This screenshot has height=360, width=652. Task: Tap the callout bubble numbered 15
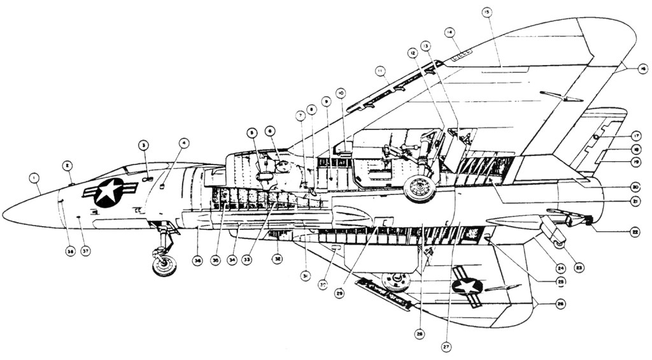coord(487,12)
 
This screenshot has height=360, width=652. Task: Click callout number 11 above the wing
coord(381,69)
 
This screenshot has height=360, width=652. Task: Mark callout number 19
coord(635,162)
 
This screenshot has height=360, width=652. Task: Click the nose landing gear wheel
coord(165,263)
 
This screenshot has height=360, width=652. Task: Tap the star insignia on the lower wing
coord(467,284)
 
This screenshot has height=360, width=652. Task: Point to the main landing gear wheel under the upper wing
coord(420,189)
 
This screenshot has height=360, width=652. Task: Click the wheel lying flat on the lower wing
coord(396,281)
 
